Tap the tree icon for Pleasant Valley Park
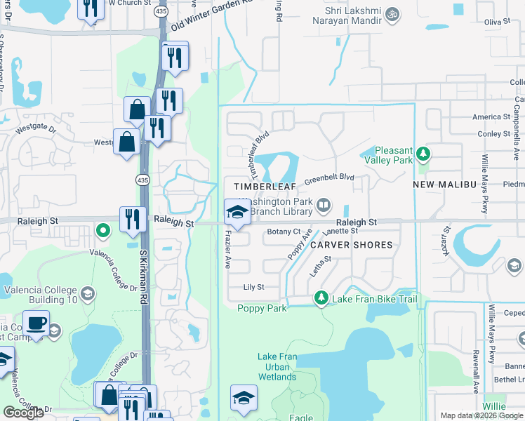coord(423,153)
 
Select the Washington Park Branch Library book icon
coord(323,206)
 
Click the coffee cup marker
coord(36,324)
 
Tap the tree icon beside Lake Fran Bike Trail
coord(321,299)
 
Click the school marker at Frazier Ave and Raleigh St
coord(237,212)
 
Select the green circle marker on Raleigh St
coord(103,229)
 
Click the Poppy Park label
coord(261,308)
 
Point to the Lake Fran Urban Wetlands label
coord(277,367)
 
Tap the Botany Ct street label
coord(284,231)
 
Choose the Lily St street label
coord(253,287)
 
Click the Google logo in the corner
coord(23,413)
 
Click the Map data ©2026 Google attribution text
coord(481,415)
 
